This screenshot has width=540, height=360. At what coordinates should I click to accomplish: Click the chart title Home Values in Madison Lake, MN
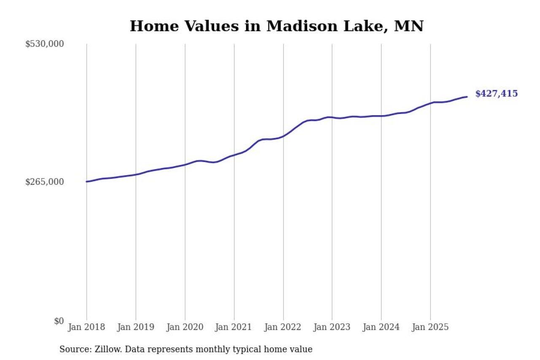(x=276, y=26)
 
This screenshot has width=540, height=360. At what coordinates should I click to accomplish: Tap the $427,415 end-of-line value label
(x=496, y=94)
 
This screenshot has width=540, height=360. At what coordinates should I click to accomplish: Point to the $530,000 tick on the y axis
(x=44, y=44)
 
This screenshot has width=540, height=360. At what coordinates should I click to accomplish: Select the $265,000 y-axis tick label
(x=44, y=182)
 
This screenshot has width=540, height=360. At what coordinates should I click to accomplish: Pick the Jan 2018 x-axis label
(x=86, y=327)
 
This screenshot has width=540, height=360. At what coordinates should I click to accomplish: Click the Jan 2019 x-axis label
(x=135, y=327)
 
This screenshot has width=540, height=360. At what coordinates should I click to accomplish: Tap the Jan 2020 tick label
(x=185, y=327)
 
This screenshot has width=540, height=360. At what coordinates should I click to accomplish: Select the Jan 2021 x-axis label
(x=234, y=327)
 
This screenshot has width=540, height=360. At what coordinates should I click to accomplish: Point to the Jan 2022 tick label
(x=283, y=327)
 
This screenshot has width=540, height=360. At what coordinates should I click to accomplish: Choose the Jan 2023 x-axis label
(x=332, y=327)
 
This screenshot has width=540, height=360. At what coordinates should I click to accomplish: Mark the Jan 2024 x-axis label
(x=381, y=327)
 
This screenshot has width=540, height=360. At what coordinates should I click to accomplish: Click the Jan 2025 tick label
(x=430, y=327)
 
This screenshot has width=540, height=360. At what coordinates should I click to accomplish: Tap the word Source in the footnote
(x=73, y=349)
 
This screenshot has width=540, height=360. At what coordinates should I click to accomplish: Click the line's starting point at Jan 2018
(x=87, y=181)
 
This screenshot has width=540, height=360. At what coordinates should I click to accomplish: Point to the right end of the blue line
(x=467, y=97)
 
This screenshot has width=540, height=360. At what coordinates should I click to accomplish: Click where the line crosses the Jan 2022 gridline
(x=283, y=136)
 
